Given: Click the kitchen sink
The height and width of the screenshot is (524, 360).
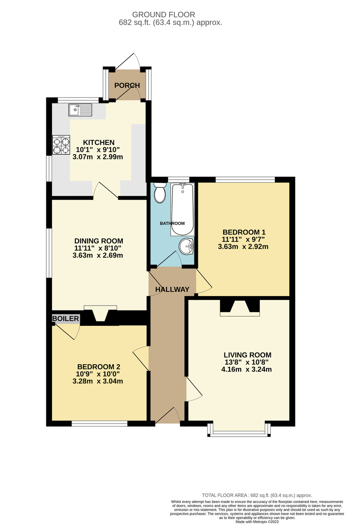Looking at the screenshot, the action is click(80, 110).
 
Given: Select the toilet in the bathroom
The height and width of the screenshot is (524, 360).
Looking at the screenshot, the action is click(160, 193).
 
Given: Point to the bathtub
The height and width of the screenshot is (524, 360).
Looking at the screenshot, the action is click(183, 209).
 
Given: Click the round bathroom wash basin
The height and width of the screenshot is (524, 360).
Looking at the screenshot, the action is click(186, 246).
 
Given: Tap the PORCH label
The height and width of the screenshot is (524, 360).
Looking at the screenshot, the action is click(127, 86).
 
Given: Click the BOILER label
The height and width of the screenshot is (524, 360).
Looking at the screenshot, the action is click(66, 318).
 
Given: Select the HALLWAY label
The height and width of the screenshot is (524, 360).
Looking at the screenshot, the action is click(172, 290).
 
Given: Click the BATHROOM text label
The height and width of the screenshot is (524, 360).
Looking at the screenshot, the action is click(172, 224).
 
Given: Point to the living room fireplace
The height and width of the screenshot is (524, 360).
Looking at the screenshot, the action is click(240, 307).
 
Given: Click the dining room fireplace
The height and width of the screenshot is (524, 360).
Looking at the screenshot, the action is click(100, 313).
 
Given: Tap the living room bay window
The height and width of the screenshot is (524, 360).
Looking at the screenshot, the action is click(239, 431).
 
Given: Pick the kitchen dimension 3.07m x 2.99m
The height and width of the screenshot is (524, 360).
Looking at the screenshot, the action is click(98, 157).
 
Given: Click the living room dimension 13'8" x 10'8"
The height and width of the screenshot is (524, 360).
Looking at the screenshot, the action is click(246, 362).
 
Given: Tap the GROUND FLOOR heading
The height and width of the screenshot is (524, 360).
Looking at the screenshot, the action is click(163, 15).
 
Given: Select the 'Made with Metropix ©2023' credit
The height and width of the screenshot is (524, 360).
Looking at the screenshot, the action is click(257, 522).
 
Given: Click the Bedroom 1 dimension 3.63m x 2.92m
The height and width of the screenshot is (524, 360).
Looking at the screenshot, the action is click(243, 247).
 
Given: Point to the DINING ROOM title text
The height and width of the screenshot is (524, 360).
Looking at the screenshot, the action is click(99, 241).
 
